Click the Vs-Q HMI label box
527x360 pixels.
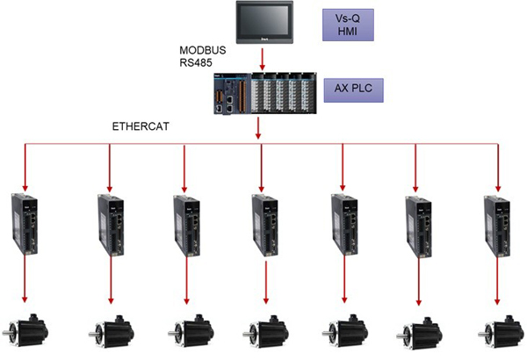coord(348,25)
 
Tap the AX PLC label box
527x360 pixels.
coord(353,90)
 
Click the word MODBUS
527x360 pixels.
coord(202,50)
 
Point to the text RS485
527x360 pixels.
coord(196,62)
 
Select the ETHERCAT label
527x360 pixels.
coord(141,126)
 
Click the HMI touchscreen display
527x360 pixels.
coord(264,22)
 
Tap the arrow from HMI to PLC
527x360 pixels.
coord(263,59)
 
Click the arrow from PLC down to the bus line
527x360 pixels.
coord(258,127)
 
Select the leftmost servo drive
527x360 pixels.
coord(25,224)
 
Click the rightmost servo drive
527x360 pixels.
coord(497,227)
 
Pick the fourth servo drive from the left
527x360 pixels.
coord(265,226)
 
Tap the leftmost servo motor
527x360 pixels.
coord(25,331)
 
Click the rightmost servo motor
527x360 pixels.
coord(502,331)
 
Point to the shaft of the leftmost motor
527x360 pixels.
coord(6,333)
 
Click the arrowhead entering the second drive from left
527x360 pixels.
coord(109,188)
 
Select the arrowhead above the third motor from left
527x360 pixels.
coord(186,300)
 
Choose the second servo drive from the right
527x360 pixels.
coord(418,227)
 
